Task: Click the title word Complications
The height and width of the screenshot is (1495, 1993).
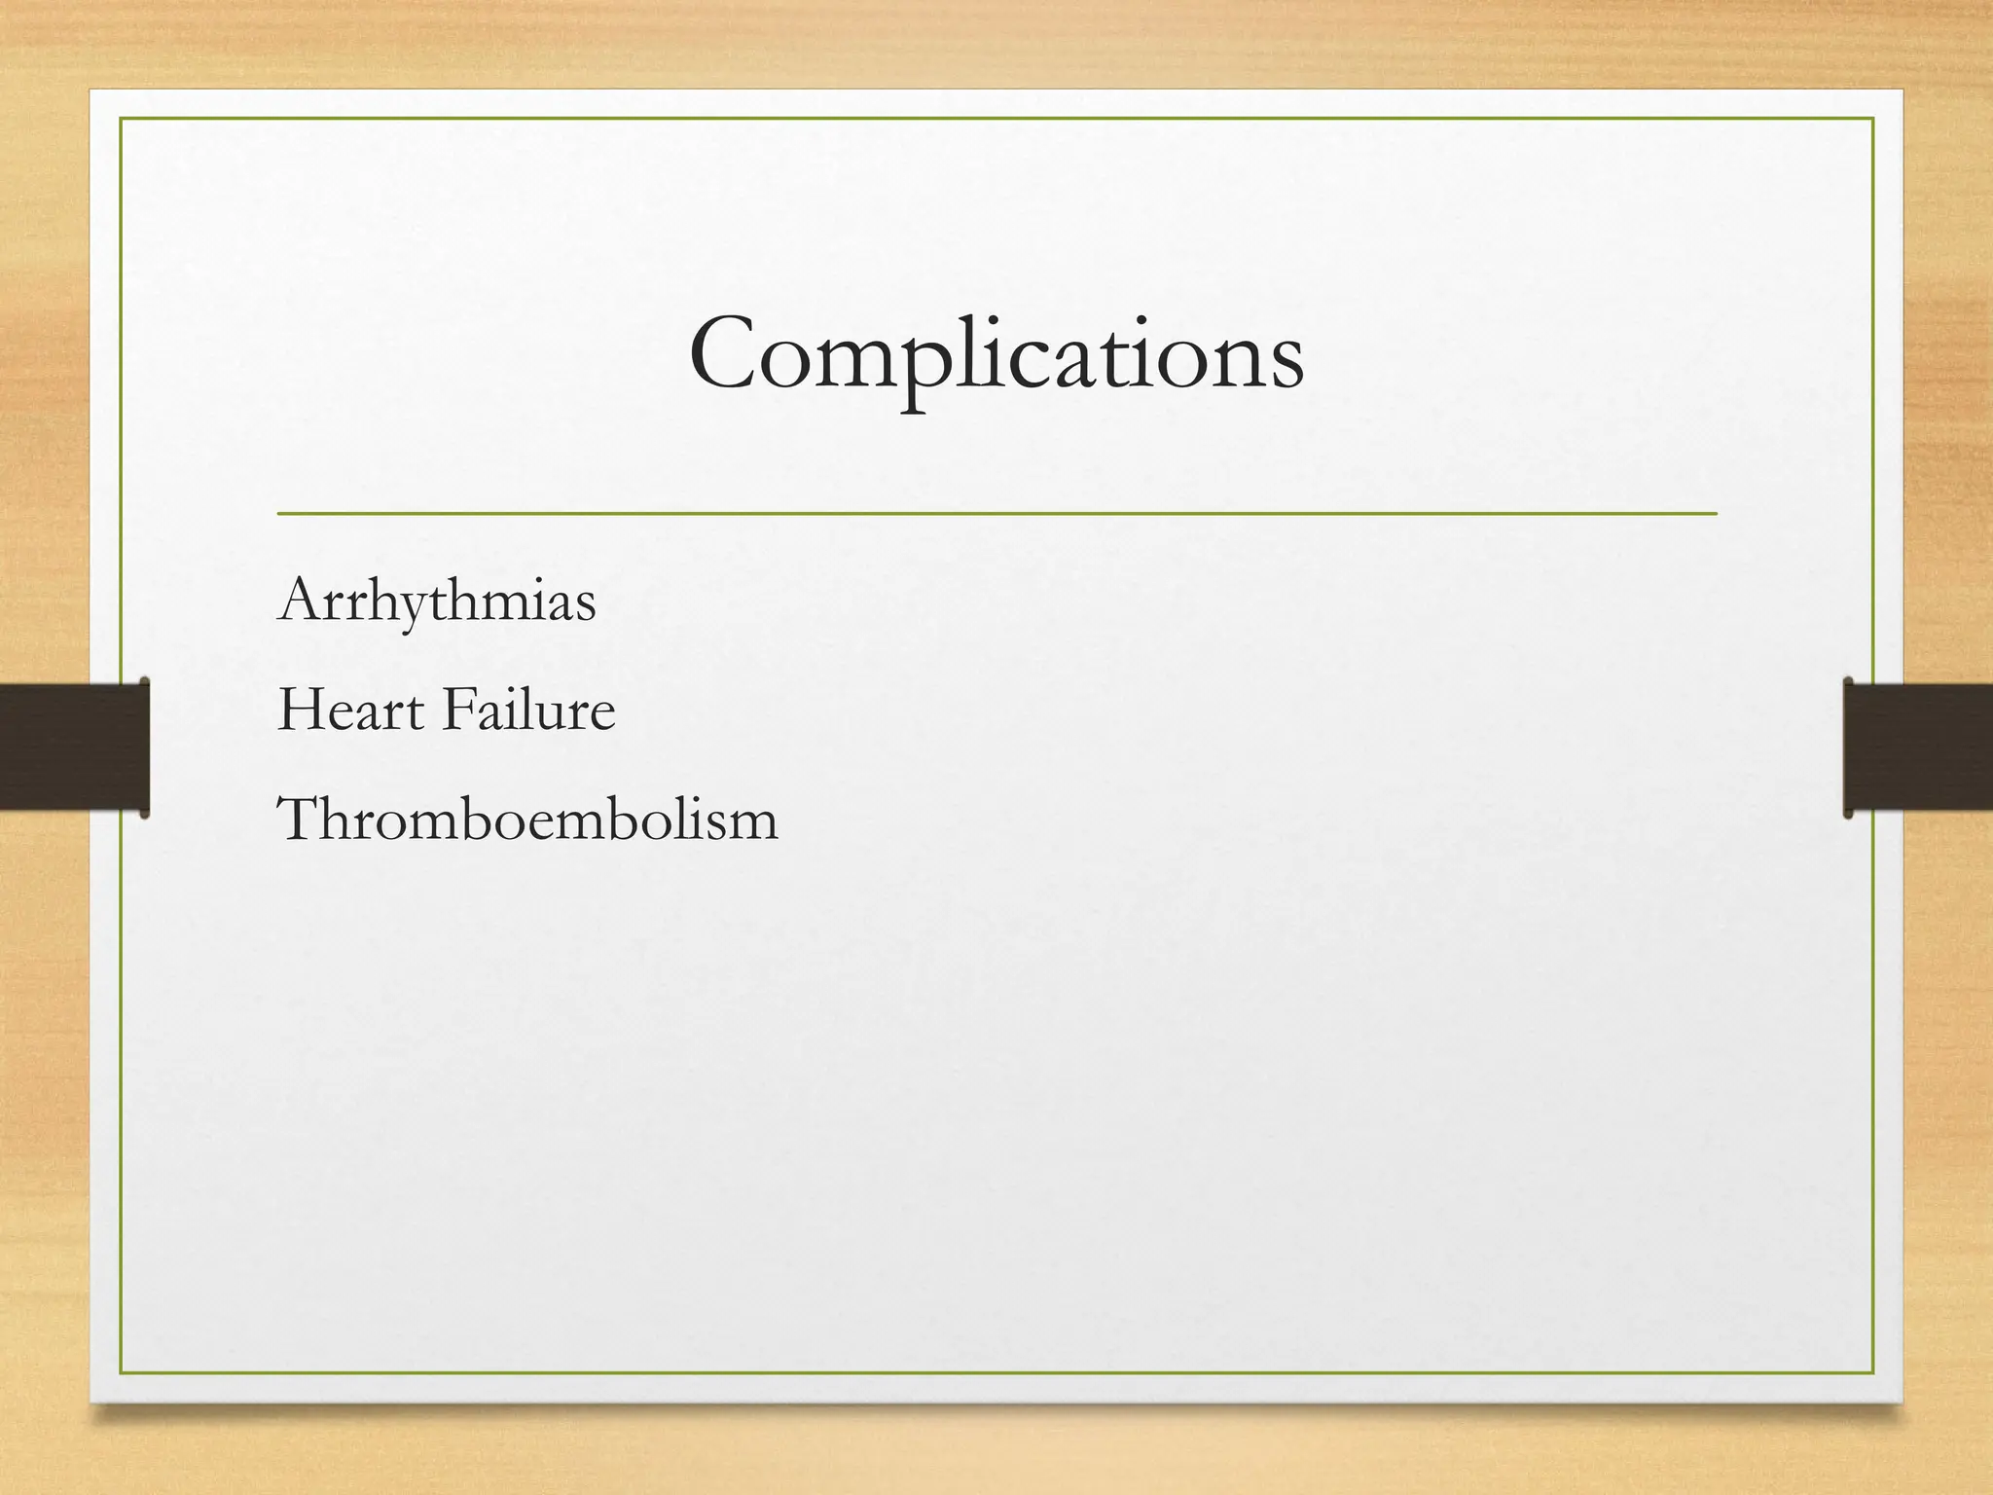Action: click(x=996, y=354)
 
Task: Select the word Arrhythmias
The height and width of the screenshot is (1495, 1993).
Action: click(x=437, y=601)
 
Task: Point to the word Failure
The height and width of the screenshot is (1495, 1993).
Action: click(x=528, y=710)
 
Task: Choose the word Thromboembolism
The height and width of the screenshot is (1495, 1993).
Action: click(x=527, y=819)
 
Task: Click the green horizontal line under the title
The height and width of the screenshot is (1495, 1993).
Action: click(x=996, y=512)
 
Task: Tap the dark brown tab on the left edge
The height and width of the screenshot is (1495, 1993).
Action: click(x=74, y=747)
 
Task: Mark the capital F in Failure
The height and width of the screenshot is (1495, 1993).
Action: click(x=457, y=710)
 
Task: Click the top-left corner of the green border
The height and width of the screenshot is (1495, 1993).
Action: click(x=121, y=119)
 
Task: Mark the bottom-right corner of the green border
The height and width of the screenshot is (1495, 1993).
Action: click(x=1873, y=1373)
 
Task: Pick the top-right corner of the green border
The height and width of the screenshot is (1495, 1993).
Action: click(x=1873, y=119)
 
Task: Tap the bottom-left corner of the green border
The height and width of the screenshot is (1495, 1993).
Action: click(x=121, y=1373)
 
